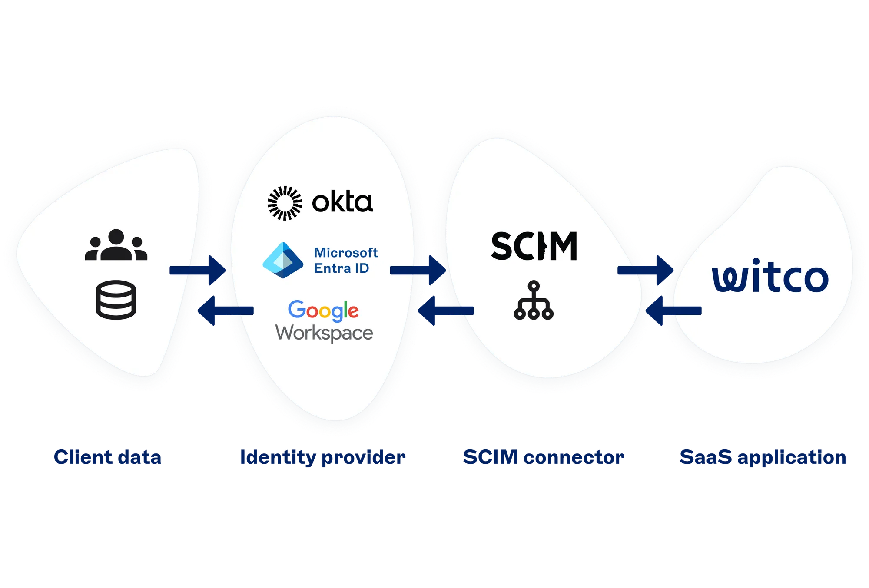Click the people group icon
(x=116, y=245)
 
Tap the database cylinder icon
(x=116, y=300)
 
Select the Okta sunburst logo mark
(x=285, y=203)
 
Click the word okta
(x=342, y=202)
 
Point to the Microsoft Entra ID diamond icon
(x=283, y=260)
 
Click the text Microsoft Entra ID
(x=345, y=260)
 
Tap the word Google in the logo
(x=323, y=310)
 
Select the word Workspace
(x=324, y=333)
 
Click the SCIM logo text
(x=534, y=246)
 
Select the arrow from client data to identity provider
(x=198, y=270)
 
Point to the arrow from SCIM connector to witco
(x=646, y=270)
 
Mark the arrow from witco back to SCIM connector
(x=673, y=311)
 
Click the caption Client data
(x=107, y=457)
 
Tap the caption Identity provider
(x=323, y=458)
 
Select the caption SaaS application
(x=763, y=458)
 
